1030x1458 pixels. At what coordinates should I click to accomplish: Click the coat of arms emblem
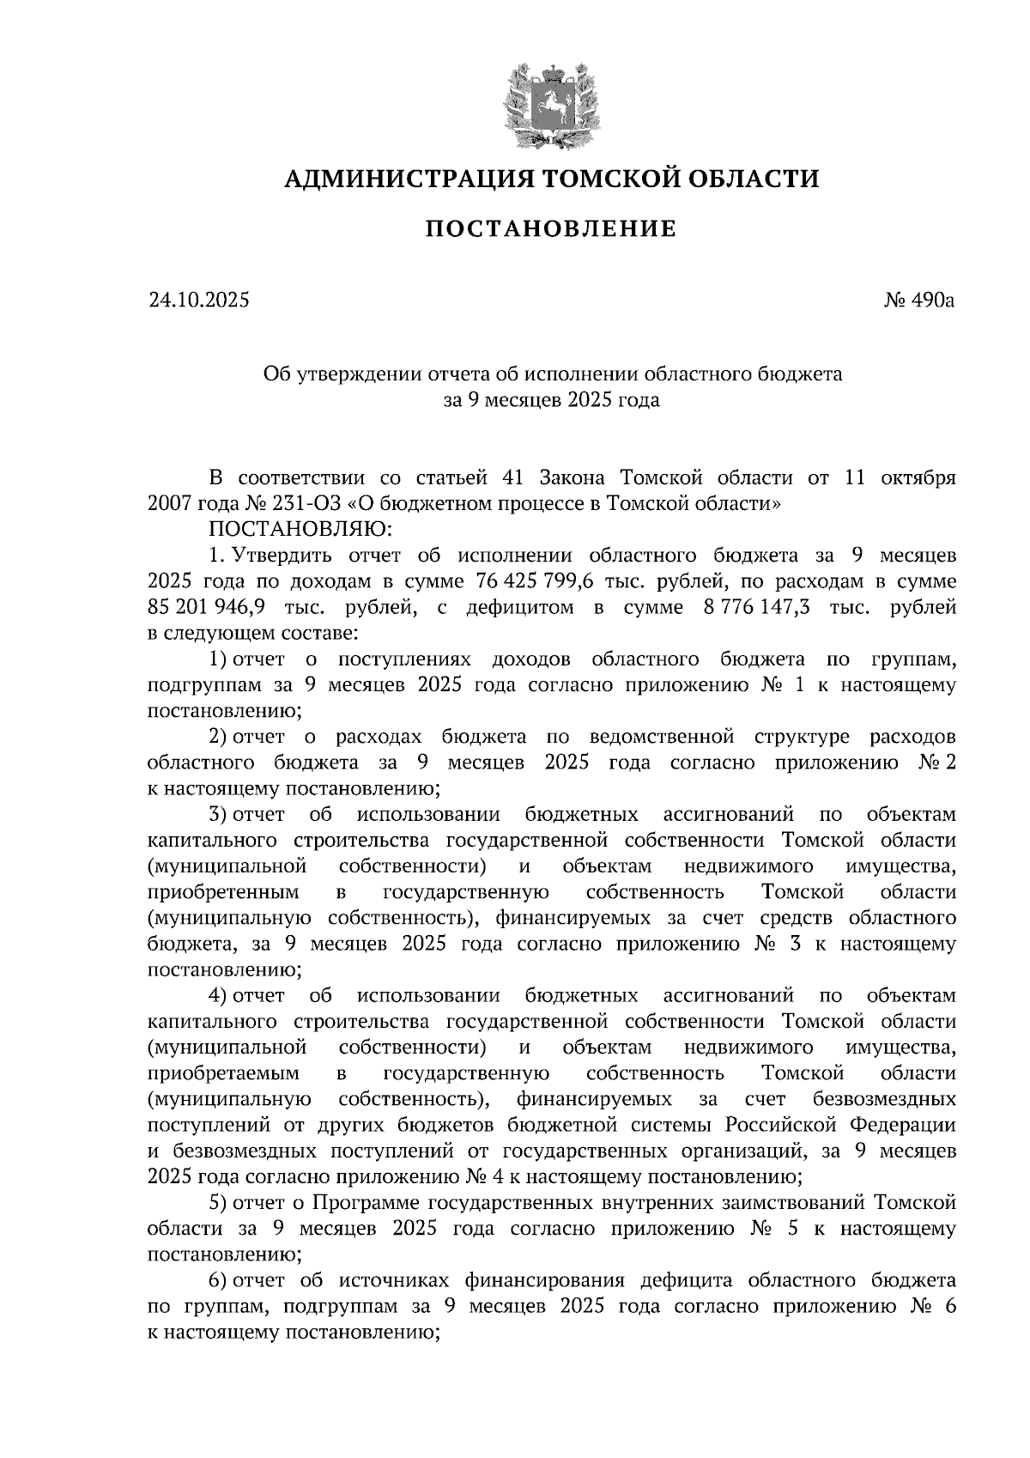click(x=551, y=103)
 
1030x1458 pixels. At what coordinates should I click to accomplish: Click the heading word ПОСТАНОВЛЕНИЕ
click(x=551, y=229)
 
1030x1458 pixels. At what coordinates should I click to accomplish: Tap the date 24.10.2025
click(x=198, y=301)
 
